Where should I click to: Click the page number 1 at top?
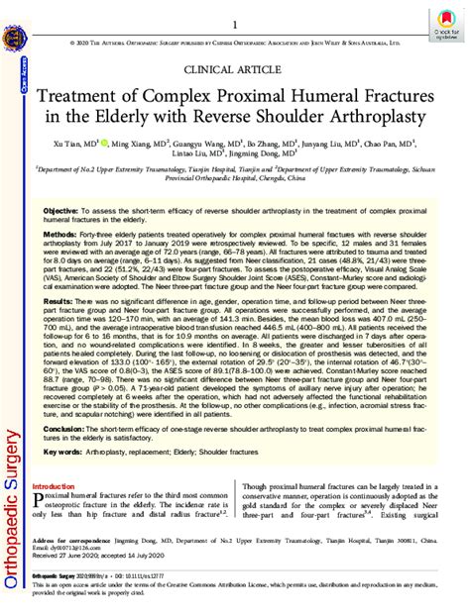tap(235, 24)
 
